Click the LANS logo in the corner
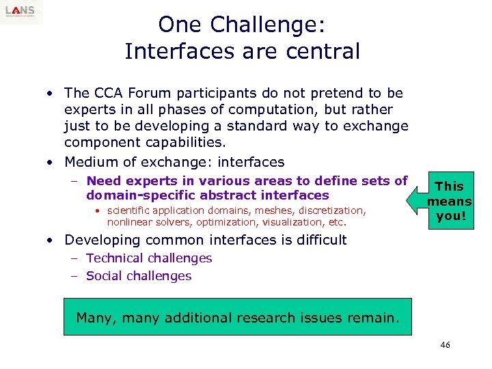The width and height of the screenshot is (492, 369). [21, 12]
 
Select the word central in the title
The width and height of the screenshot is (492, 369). [322, 51]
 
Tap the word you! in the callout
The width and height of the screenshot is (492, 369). [450, 216]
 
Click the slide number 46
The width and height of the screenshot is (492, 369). [445, 346]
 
